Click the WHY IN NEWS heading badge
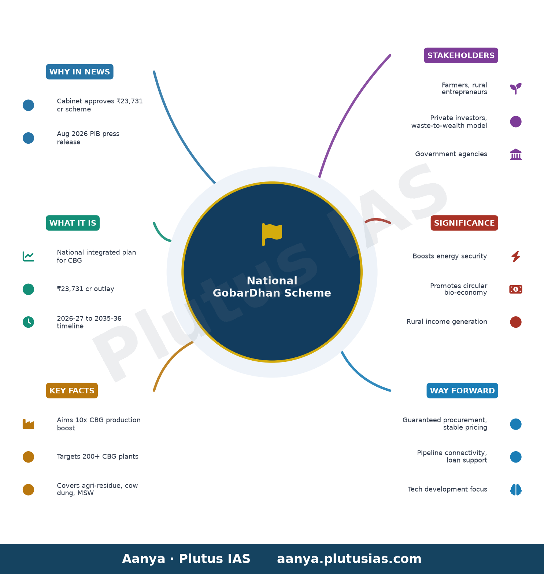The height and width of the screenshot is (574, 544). click(x=79, y=72)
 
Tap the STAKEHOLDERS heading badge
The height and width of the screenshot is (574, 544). click(x=461, y=55)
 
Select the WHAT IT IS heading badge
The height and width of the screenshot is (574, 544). click(x=73, y=223)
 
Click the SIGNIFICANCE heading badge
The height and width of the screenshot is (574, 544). click(x=464, y=223)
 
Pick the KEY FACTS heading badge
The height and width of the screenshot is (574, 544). click(x=72, y=391)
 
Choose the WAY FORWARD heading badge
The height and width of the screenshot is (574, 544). click(x=462, y=391)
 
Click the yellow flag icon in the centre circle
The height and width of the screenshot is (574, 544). click(x=272, y=234)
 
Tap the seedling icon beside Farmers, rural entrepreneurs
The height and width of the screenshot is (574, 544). click(x=516, y=88)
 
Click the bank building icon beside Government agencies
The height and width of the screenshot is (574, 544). click(x=516, y=154)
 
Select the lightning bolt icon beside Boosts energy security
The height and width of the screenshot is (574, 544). click(x=516, y=256)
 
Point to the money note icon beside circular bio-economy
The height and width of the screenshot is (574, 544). click(x=516, y=289)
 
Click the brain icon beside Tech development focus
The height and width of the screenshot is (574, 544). click(x=516, y=490)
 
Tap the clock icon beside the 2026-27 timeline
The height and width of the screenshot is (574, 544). click(x=28, y=322)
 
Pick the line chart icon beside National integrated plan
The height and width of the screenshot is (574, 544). click(x=28, y=256)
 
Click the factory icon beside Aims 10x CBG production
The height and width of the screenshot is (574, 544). click(x=28, y=424)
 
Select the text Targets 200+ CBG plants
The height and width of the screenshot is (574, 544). click(x=97, y=457)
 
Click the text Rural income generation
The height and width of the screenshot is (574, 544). click(x=447, y=322)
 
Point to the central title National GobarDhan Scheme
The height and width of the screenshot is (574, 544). click(x=272, y=287)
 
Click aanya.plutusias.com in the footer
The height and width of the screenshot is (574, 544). click(x=349, y=559)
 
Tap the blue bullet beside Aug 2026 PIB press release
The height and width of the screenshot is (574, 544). click(x=28, y=138)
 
